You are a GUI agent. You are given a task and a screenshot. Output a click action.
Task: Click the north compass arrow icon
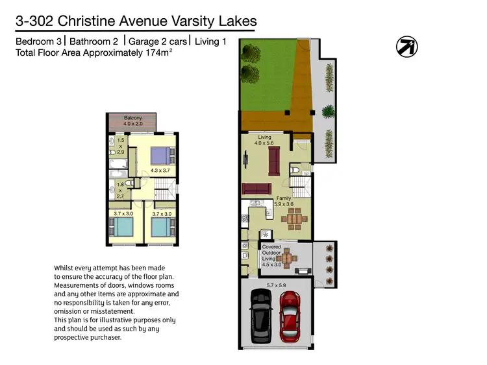407,46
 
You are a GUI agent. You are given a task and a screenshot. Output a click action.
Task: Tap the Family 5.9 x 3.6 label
284,201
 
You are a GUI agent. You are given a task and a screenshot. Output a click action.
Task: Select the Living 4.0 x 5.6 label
264,141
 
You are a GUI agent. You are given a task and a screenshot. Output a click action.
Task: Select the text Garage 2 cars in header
160,41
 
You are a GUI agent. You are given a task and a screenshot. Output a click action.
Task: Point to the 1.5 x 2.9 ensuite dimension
120,146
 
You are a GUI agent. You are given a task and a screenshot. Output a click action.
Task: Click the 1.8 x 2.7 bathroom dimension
120,189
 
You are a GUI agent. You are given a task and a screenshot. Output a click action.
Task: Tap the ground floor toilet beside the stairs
295,170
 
